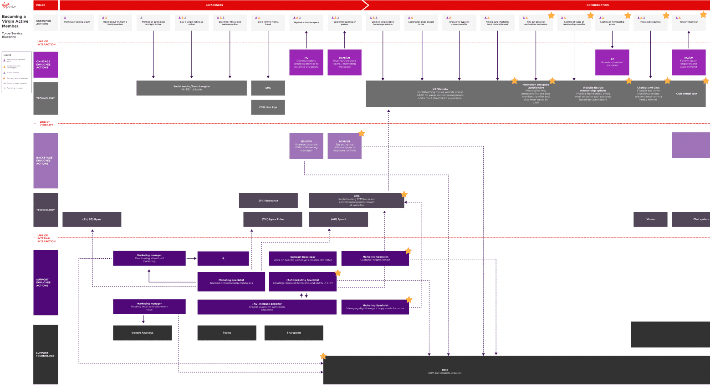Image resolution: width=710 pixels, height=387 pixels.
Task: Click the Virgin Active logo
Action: point(9,5)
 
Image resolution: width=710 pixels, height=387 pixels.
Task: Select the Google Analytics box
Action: point(143,333)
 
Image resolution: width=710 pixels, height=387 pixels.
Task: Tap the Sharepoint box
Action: point(294,333)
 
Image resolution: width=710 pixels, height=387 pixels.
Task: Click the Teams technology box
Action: point(227,333)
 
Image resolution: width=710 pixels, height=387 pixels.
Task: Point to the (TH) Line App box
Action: point(268,107)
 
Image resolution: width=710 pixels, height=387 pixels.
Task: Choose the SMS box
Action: point(268,88)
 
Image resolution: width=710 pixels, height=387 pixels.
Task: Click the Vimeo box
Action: point(650,219)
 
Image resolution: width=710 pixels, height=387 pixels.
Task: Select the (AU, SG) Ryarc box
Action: point(92,219)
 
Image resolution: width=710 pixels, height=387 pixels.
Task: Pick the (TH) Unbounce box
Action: point(268,201)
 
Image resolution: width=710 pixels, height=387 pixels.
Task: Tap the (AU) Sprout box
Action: point(338,219)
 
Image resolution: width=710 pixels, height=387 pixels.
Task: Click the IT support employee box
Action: point(223,258)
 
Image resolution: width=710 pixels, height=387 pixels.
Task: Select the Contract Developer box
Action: point(303,258)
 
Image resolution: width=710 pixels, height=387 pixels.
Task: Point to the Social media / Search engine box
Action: point(191,88)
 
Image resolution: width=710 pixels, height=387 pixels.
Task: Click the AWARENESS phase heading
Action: point(214,5)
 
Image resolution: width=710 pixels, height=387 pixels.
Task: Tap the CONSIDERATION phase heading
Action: point(598,5)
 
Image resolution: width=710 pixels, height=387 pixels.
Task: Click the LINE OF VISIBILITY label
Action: point(46,123)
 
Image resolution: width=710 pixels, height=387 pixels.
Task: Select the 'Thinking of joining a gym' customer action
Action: point(77,22)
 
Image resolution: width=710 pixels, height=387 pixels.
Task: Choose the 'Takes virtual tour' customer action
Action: point(689,22)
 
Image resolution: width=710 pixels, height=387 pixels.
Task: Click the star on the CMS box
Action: point(404,195)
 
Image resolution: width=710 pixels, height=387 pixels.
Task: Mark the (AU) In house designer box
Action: point(267,307)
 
